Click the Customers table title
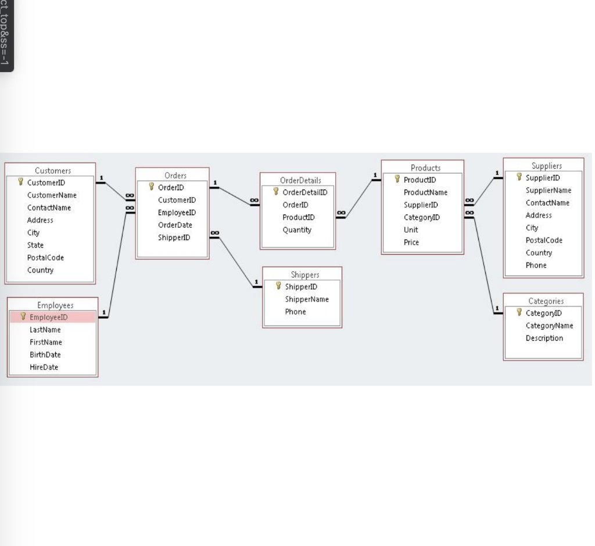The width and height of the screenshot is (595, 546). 53,170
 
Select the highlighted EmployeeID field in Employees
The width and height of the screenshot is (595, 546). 49,317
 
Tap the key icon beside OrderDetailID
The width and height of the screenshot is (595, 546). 276,192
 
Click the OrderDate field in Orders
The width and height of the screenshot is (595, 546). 175,225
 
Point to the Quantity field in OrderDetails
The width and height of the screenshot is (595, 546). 297,230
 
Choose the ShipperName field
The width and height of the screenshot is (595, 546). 307,299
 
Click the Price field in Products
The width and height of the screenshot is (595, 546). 411,242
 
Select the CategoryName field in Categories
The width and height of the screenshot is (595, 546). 549,326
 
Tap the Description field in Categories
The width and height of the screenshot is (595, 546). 544,338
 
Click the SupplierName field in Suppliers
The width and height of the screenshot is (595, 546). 549,190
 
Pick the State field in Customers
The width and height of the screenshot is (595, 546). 35,245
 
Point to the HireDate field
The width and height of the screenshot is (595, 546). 44,367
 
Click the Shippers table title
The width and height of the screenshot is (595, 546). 305,274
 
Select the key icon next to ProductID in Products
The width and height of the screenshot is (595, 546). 397,179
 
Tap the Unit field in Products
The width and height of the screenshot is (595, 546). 411,230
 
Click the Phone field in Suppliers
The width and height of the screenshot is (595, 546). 536,265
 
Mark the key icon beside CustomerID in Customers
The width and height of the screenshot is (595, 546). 21,183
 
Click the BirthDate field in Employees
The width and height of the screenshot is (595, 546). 45,355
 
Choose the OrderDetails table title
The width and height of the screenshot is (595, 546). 300,180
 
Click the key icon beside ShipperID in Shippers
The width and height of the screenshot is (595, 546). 278,286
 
